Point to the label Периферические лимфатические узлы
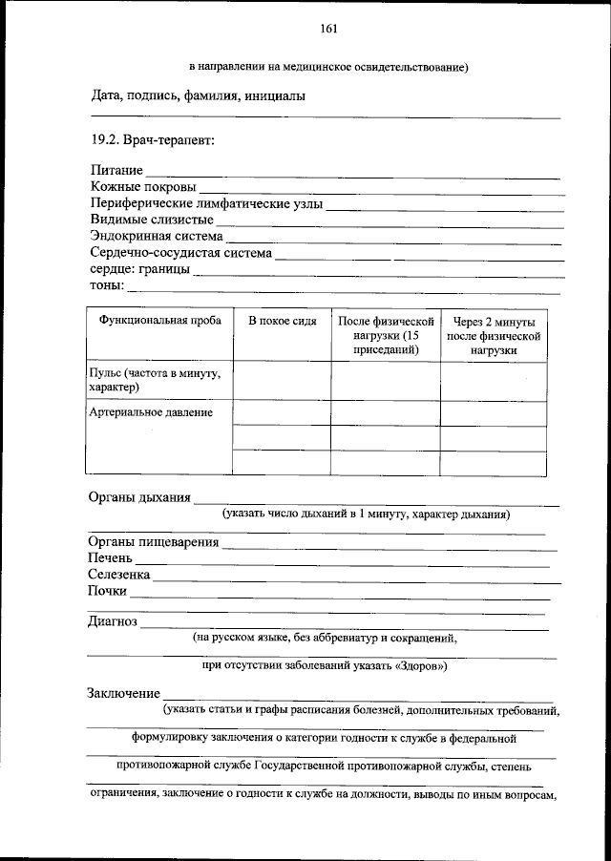point(206,203)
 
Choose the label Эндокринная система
point(157,236)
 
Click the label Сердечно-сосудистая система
point(181,253)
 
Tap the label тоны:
point(107,285)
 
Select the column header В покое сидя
point(283,322)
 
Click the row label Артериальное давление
point(150,412)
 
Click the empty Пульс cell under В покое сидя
point(283,381)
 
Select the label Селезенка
point(119,575)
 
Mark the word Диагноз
point(113,621)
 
